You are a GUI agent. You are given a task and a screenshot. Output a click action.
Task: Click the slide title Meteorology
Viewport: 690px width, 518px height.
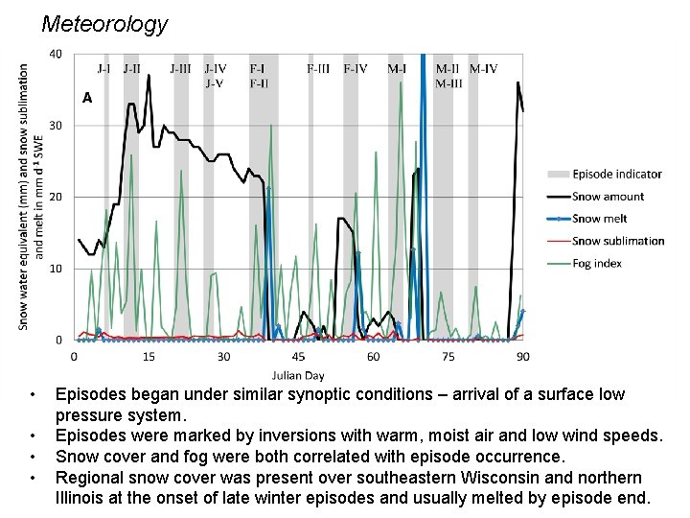click(x=104, y=24)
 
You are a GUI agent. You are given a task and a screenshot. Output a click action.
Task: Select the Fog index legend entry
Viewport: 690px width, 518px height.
click(x=596, y=264)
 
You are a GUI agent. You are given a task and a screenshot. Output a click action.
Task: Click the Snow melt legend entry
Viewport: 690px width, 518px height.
click(x=600, y=219)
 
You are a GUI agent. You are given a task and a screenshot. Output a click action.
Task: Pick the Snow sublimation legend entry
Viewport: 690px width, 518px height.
click(x=617, y=242)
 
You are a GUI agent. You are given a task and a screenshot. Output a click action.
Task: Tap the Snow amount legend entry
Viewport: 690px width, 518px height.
click(x=608, y=197)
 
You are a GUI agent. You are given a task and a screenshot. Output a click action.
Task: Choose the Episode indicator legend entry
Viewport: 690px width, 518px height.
click(x=616, y=175)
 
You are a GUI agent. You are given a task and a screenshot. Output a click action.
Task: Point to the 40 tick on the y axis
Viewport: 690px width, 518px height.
click(x=56, y=54)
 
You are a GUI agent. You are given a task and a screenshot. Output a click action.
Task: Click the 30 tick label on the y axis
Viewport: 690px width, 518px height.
click(x=56, y=126)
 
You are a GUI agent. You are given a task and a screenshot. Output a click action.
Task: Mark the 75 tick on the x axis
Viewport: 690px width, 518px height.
click(x=448, y=357)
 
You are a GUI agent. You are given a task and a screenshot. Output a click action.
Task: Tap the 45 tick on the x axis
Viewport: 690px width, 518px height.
click(x=299, y=357)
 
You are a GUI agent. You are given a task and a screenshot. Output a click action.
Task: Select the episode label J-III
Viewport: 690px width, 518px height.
click(x=180, y=69)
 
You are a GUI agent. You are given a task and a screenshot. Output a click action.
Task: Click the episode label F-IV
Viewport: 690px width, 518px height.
click(x=355, y=69)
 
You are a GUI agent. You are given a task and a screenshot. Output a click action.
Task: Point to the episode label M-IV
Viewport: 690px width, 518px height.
click(x=482, y=69)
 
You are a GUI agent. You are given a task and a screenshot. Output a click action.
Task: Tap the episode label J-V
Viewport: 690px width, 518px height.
click(x=215, y=82)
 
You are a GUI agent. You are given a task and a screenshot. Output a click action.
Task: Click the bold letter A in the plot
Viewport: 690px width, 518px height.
click(x=87, y=98)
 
